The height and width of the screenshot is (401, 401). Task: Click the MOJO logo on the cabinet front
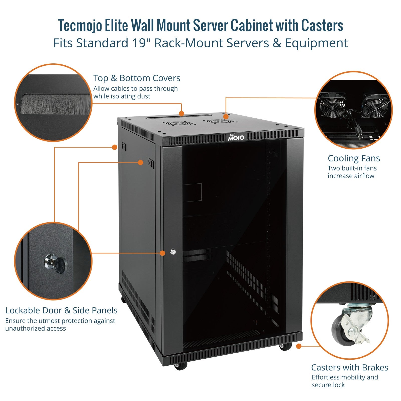236,137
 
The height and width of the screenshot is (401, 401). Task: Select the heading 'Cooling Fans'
354,158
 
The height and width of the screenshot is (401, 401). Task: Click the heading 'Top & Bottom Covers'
137,78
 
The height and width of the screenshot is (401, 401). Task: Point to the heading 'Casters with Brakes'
350,367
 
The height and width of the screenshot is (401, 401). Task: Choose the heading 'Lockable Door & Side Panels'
61,311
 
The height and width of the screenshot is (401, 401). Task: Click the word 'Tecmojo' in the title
80,26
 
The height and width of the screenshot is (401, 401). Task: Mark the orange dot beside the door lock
162,253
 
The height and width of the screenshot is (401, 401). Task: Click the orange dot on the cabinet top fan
226,117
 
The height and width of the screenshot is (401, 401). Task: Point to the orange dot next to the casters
298,346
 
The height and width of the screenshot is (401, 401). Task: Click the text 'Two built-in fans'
352,168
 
